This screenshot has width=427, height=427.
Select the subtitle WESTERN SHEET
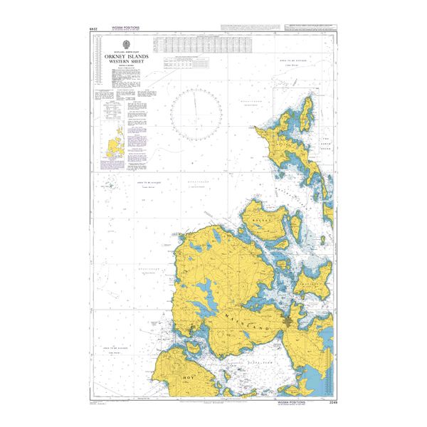(x=125, y=61)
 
